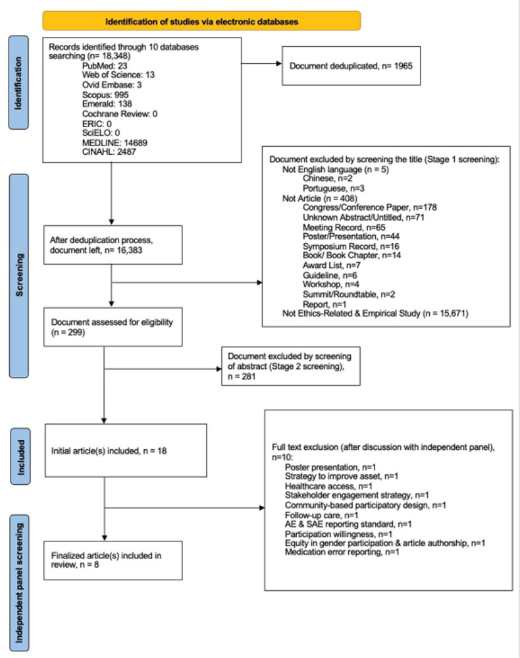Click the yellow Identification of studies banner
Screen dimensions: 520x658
[201, 21]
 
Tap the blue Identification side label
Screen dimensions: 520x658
[18, 82]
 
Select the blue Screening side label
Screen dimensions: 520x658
[19, 276]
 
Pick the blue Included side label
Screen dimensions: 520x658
[20, 456]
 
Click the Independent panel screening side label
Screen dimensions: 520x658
[19, 583]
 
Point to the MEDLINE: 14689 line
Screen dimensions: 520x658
[115, 143]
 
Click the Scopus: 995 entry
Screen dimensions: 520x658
[105, 95]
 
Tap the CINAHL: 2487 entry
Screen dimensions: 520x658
[109, 152]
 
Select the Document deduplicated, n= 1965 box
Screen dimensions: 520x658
[351, 66]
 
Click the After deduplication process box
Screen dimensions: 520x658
[113, 245]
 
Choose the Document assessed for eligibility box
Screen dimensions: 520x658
[113, 327]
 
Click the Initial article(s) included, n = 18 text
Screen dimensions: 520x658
[109, 451]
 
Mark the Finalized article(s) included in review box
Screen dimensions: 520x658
[113, 561]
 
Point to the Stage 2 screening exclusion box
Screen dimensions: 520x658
[291, 366]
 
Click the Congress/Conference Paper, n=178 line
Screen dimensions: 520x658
[370, 207]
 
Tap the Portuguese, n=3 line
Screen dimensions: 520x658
[333, 188]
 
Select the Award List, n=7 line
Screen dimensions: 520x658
[332, 265]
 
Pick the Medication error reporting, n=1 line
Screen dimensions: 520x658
[342, 552]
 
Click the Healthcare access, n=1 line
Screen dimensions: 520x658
[328, 486]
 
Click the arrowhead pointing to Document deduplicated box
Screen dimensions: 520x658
[279, 64]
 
